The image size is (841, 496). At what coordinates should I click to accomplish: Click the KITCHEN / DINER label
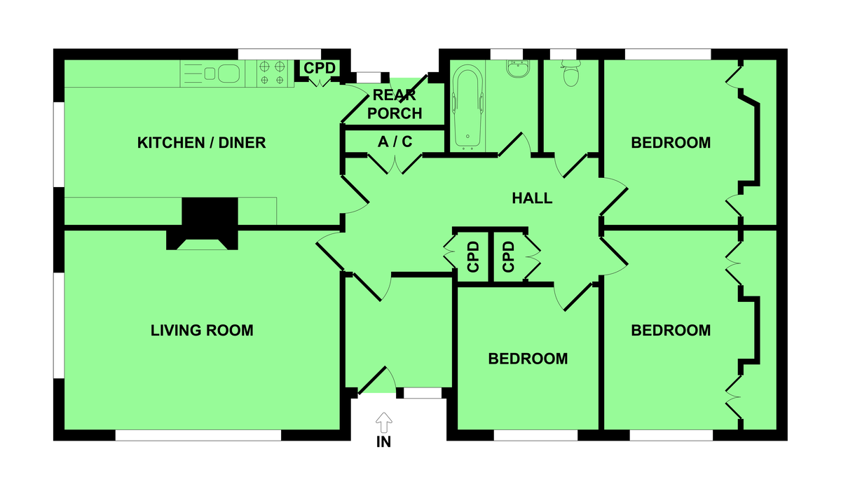[x=202, y=143]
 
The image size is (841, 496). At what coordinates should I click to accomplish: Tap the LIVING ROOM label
[x=202, y=331]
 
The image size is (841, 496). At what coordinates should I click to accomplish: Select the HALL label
[x=532, y=198]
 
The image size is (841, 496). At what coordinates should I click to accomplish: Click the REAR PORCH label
[x=395, y=104]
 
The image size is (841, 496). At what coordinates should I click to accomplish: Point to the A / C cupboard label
[x=395, y=142]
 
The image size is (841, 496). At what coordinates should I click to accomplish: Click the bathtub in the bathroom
[x=468, y=108]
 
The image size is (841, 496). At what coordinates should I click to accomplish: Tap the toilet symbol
[x=570, y=73]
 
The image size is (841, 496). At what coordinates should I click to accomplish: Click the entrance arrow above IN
[x=384, y=423]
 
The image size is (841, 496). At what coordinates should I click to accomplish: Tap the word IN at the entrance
[x=384, y=442]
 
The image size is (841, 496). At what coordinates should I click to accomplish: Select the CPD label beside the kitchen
[x=320, y=68]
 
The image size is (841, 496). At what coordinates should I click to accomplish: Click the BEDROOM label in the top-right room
[x=671, y=143]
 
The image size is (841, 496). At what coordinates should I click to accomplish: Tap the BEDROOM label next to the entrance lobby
[x=528, y=359]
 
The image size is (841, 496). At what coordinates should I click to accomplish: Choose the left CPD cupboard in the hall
[x=471, y=257]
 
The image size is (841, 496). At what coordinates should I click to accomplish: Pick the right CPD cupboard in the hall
[x=509, y=257]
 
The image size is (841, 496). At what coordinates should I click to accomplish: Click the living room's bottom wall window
[x=198, y=435]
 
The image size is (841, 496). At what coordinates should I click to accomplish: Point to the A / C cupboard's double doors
[x=395, y=165]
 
